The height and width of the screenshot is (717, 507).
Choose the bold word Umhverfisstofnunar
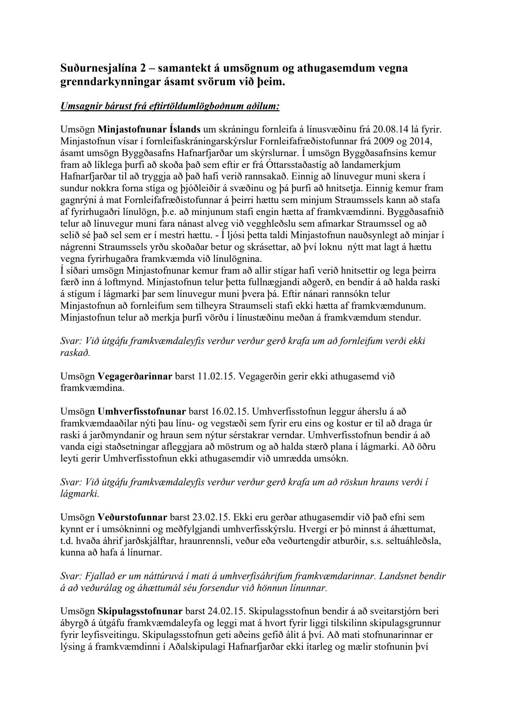pos(142,412)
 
